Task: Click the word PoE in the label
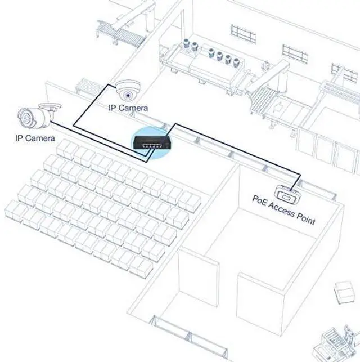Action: [x=260, y=200]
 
